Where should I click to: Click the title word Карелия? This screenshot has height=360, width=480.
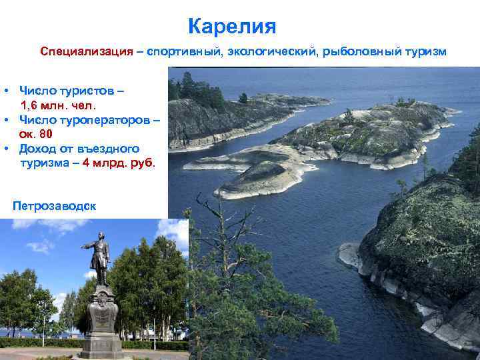coord(231,27)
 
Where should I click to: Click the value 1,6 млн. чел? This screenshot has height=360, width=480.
coord(59,105)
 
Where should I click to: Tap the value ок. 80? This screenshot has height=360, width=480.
coord(37,134)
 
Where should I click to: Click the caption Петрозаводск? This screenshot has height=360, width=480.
coord(54,206)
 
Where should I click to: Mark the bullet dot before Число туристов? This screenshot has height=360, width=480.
coord(5,90)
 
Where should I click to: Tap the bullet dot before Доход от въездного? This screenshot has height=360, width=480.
coord(5,149)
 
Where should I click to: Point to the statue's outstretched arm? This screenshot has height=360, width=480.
coord(88,246)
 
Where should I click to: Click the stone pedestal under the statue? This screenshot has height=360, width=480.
coord(101,320)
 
